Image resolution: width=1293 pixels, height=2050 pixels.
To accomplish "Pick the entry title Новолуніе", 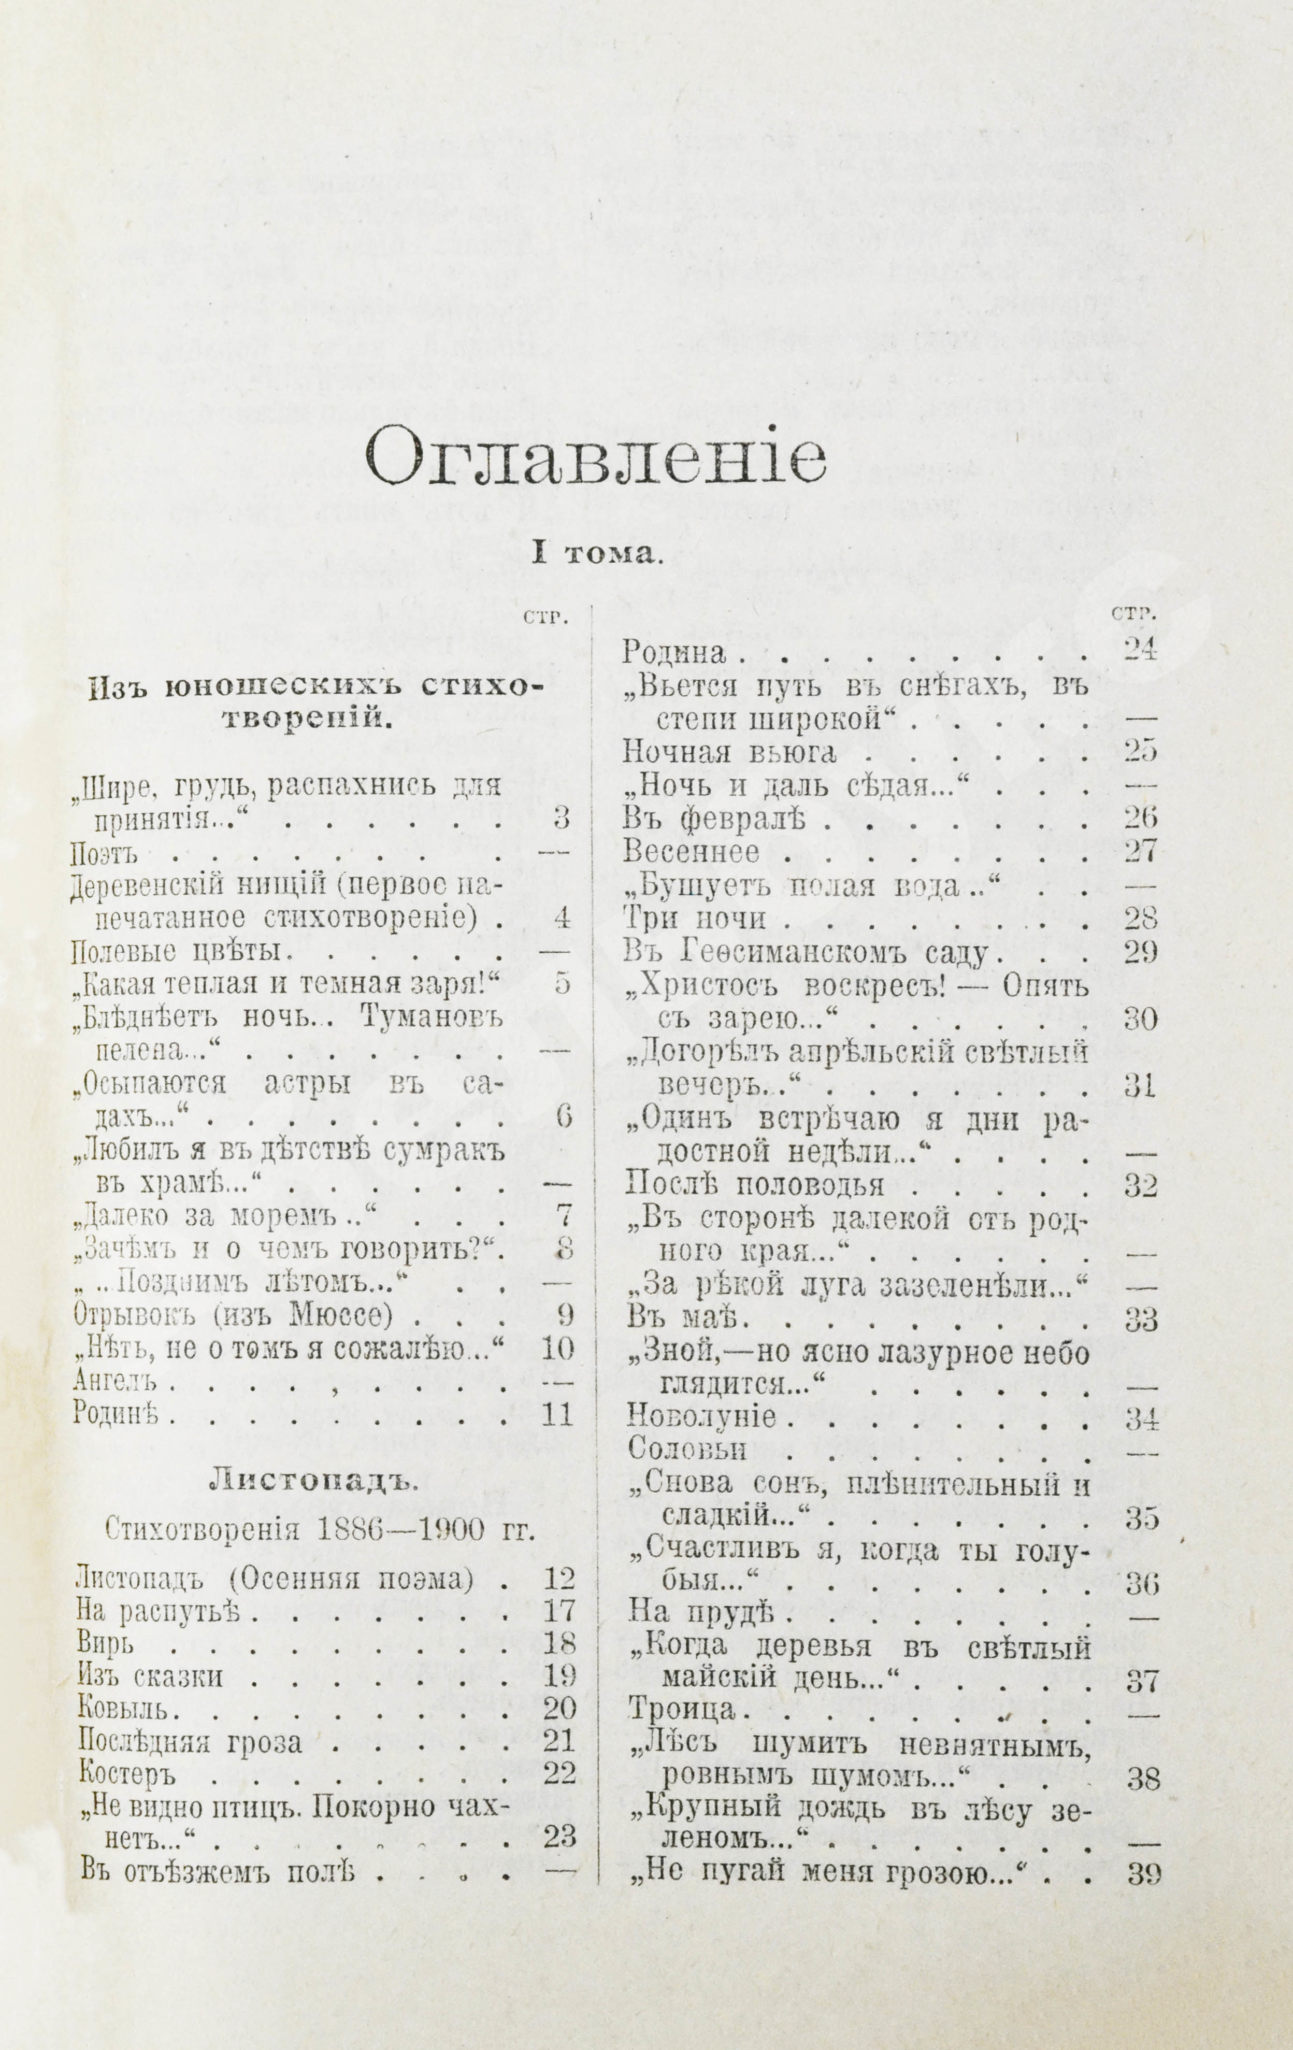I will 700,1417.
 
